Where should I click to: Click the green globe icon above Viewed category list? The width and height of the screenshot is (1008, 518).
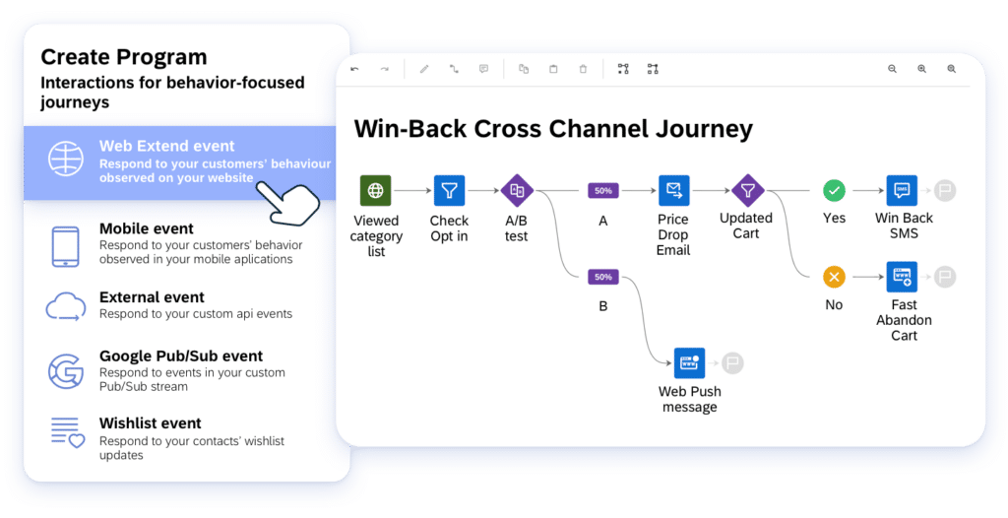(375, 190)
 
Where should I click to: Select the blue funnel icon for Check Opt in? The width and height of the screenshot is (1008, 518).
(449, 190)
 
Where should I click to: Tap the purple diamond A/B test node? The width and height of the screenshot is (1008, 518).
(517, 190)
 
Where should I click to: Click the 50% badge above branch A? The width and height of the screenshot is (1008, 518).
(603, 190)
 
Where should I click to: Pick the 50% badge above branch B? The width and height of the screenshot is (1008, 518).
(603, 277)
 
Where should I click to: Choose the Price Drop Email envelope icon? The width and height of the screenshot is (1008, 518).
(673, 190)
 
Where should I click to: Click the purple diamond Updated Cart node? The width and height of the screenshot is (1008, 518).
(747, 190)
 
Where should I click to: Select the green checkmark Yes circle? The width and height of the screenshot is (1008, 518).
(834, 190)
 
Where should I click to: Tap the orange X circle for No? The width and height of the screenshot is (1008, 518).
(834, 277)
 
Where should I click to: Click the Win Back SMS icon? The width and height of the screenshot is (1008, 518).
(902, 190)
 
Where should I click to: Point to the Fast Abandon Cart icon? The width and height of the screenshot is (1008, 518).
(902, 277)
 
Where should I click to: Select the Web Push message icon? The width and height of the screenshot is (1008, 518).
(689, 362)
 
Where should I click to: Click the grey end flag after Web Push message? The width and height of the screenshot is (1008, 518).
(731, 363)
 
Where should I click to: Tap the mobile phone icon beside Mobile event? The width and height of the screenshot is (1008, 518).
(65, 246)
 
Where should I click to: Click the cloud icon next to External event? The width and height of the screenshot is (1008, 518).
(65, 307)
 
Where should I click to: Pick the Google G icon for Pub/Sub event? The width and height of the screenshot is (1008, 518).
(66, 370)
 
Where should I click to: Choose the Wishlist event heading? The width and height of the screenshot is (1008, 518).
(150, 423)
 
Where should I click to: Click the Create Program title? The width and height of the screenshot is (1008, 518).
(124, 57)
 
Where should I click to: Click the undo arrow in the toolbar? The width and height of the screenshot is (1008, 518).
(354, 69)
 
